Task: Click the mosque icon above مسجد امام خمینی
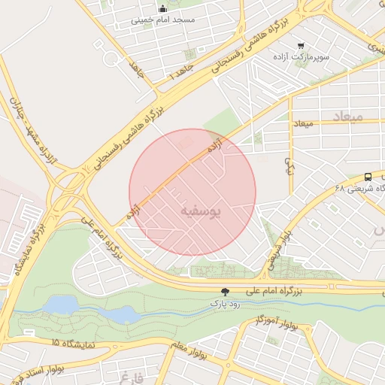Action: pos(162,9)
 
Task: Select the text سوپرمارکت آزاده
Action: pos(301,57)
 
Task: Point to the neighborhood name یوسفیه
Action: pos(201,213)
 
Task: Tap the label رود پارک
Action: pos(224,304)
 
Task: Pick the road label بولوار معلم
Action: pos(187,351)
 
